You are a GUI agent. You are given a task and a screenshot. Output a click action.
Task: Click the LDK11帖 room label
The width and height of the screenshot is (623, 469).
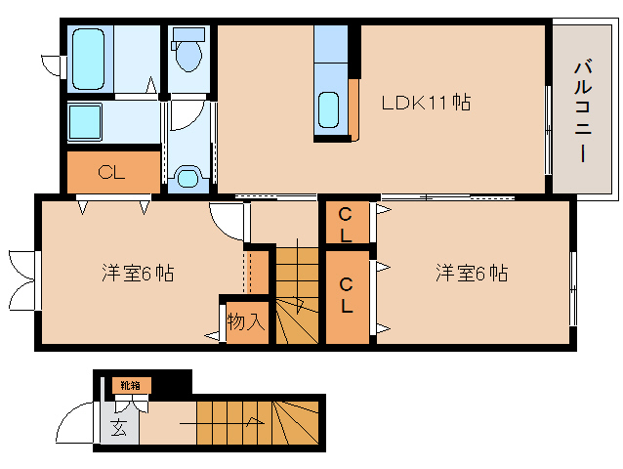pos(426,102)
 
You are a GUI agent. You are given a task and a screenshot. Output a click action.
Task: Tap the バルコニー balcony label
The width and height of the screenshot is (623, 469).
pos(583,109)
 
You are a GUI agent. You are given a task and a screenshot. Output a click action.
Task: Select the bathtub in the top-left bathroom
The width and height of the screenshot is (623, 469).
pos(91,58)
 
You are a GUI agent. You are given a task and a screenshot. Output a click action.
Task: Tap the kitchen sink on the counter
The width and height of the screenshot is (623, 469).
pos(330,109)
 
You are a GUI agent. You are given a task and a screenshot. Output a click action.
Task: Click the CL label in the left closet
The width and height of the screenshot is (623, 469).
pos(111,174)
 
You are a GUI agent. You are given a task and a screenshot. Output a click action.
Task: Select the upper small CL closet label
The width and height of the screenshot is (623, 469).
pos(346,224)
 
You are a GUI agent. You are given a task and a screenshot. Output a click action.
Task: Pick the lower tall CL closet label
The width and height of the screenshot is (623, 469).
pos(347,294)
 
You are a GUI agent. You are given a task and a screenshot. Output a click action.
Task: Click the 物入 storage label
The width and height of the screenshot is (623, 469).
pos(246,320)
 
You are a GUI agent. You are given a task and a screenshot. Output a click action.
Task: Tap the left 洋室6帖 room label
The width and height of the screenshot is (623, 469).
pos(138,273)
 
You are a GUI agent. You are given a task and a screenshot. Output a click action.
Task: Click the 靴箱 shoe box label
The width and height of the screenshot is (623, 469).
pos(130,385)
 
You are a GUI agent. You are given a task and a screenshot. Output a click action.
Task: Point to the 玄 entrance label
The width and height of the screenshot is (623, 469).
pos(118,427)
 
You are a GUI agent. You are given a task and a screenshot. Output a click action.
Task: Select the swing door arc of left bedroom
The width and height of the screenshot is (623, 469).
pos(226,220)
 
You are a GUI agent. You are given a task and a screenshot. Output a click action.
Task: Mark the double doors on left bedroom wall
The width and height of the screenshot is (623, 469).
pos(23,279)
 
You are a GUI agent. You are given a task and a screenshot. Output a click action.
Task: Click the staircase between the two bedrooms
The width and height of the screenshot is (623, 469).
pos(296,294)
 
